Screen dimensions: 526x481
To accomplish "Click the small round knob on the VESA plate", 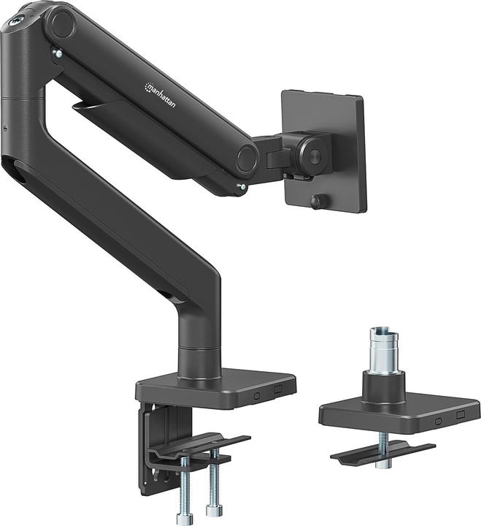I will point(317,201).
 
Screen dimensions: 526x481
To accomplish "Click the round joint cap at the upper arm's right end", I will point(247,158).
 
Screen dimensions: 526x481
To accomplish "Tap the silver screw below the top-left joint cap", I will point(55,52).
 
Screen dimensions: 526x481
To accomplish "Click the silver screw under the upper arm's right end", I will point(242,187).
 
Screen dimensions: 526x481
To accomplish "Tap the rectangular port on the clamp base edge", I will point(278,389).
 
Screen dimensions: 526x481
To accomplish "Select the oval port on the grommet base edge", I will point(438,421).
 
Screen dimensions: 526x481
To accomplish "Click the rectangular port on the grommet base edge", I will point(460,415).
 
